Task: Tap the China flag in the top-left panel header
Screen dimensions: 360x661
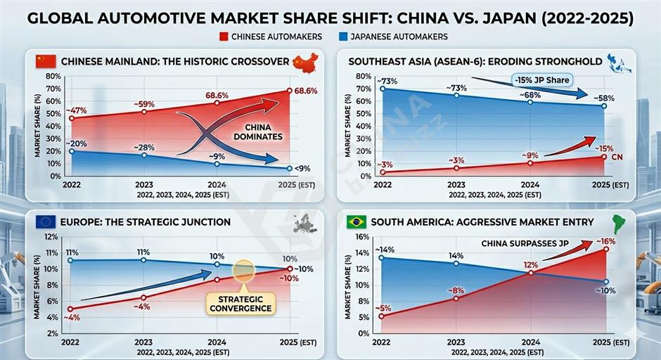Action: click(x=46, y=61)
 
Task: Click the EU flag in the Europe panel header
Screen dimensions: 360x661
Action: click(x=46, y=222)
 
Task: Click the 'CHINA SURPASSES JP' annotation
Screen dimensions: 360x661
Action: click(x=523, y=243)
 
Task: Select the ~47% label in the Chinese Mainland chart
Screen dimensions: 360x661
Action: click(x=76, y=110)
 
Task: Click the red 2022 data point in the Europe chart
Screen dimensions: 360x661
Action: click(x=70, y=309)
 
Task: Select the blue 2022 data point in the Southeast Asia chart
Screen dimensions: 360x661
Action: click(x=382, y=89)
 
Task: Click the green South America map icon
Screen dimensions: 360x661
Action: click(x=620, y=223)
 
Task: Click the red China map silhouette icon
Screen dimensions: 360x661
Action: click(x=304, y=62)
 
